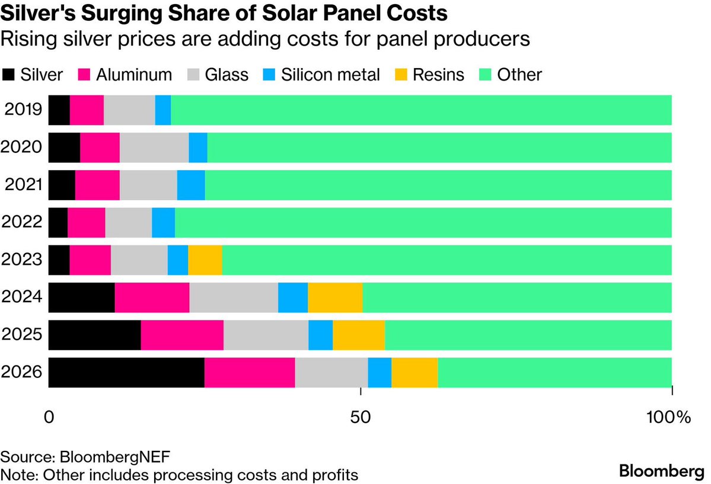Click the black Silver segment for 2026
pyautogui.click(x=126, y=373)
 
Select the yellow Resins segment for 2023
pyautogui.click(x=205, y=259)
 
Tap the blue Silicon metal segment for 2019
pyautogui.click(x=163, y=110)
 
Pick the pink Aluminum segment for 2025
pyautogui.click(x=182, y=335)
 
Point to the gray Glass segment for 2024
pyautogui.click(x=234, y=297)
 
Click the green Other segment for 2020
pyautogui.click(x=439, y=148)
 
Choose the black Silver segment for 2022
pyautogui.click(x=58, y=222)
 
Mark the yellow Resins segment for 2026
pyautogui.click(x=415, y=373)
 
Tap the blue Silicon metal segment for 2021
pyautogui.click(x=191, y=185)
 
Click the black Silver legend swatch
pyautogui.click(x=8, y=75)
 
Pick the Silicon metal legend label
pyautogui.click(x=330, y=75)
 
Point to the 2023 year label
pyautogui.click(x=22, y=259)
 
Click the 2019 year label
pyautogui.click(x=22, y=110)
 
